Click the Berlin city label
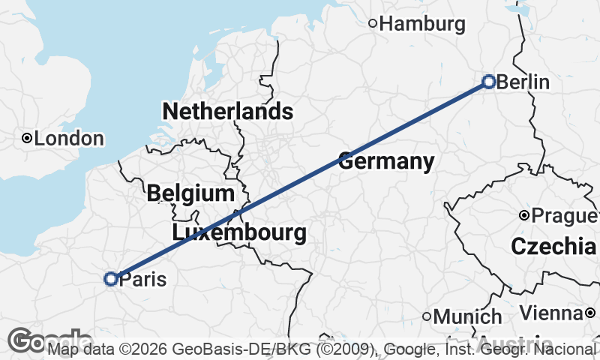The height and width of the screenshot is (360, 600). click(x=523, y=82)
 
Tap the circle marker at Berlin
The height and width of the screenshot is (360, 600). click(x=489, y=82)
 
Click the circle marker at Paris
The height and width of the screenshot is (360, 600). click(x=111, y=279)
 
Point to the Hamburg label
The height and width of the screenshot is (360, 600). click(x=422, y=24)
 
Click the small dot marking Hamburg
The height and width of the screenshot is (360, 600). click(x=373, y=23)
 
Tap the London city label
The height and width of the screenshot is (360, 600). click(x=69, y=139)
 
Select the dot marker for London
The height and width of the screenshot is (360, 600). click(x=27, y=138)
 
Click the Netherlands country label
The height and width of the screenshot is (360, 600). click(x=227, y=112)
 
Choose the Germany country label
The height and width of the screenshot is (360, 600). click(x=386, y=160)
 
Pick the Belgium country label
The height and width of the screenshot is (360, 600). click(x=190, y=193)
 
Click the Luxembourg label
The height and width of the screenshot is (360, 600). click(x=239, y=232)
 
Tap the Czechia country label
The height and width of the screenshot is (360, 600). click(x=553, y=246)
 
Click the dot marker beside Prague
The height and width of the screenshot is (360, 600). click(x=525, y=216)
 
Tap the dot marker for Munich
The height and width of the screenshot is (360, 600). click(x=427, y=316)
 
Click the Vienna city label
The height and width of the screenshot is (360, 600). click(x=552, y=312)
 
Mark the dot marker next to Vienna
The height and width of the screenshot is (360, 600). click(x=591, y=312)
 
